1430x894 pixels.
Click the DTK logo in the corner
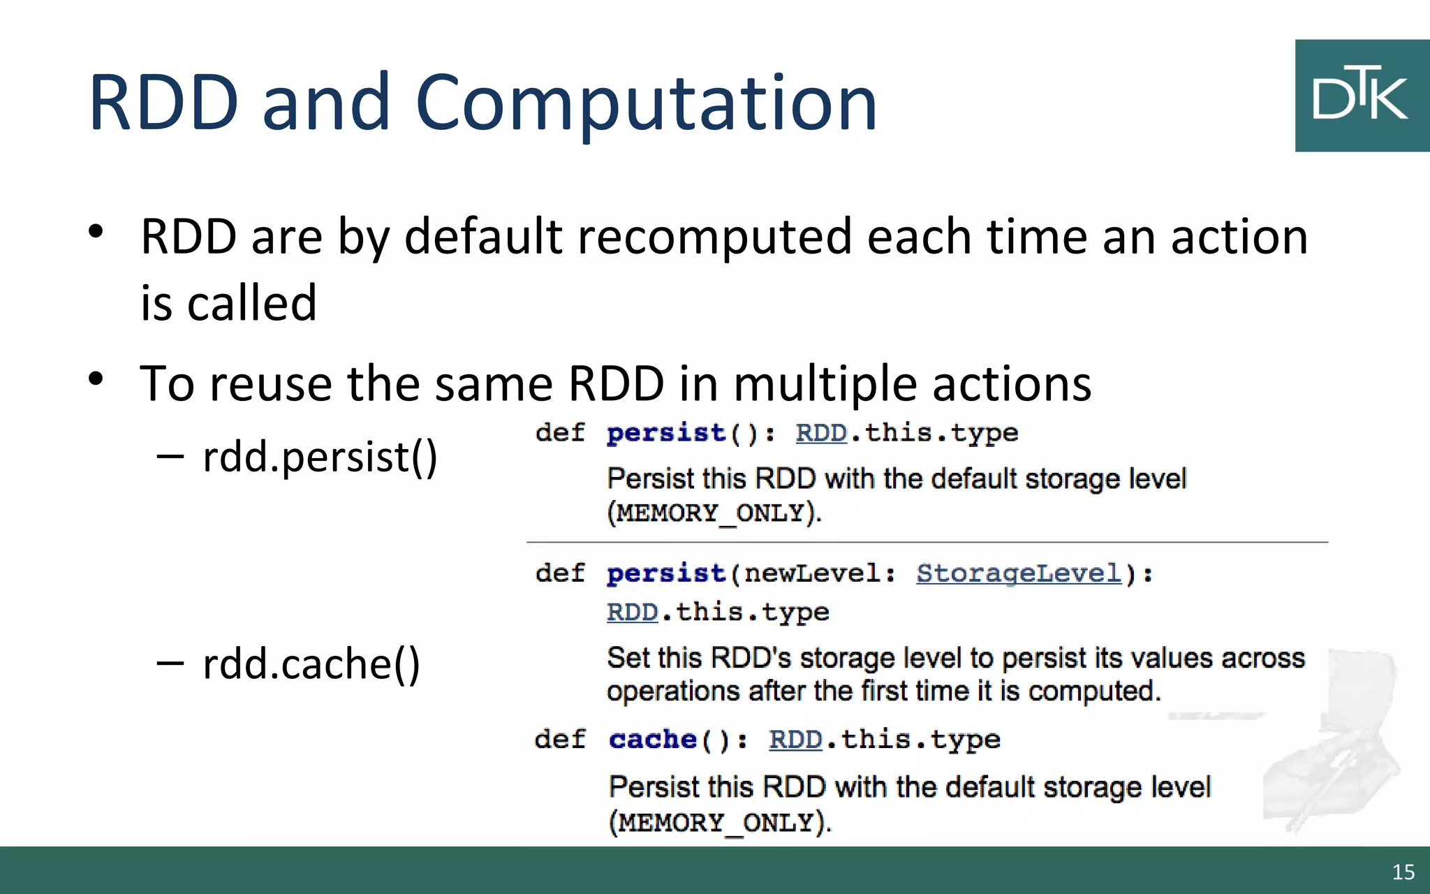pyautogui.click(x=1362, y=96)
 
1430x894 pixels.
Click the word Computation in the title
pyautogui.click(x=645, y=103)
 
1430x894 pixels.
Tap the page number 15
pyautogui.click(x=1403, y=872)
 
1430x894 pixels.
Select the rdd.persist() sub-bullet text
pyautogui.click(x=320, y=457)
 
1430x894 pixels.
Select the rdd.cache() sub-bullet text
pyautogui.click(x=311, y=664)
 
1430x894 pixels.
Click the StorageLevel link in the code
pyautogui.click(x=1019, y=573)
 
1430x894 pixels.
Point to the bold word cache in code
pyautogui.click(x=652, y=739)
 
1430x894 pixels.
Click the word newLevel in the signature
pyautogui.click(x=812, y=573)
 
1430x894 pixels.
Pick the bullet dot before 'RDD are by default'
pyautogui.click(x=96, y=232)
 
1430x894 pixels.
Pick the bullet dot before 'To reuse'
pyautogui.click(x=96, y=379)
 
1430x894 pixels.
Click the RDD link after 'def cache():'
pyautogui.click(x=795, y=739)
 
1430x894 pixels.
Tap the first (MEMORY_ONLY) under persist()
pyautogui.click(x=714, y=513)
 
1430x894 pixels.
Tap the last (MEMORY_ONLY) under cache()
pyautogui.click(x=719, y=823)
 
